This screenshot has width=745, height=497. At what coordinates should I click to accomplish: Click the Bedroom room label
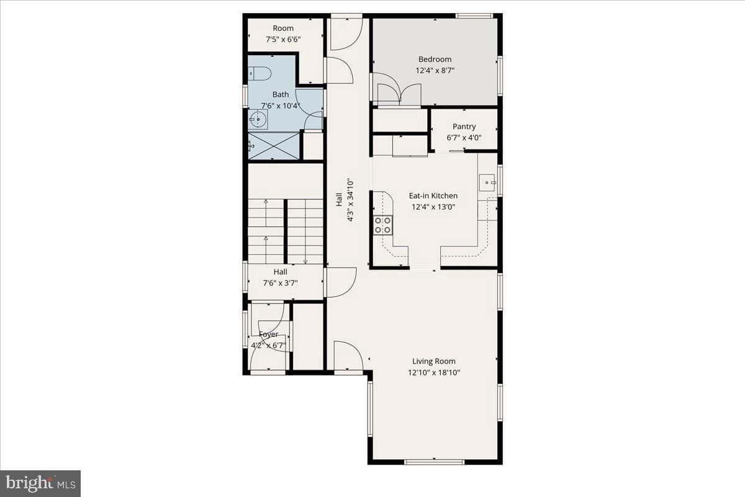pyautogui.click(x=435, y=59)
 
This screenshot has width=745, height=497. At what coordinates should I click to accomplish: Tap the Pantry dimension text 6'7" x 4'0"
pyautogui.click(x=464, y=138)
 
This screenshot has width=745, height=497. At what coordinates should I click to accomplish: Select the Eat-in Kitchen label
pyautogui.click(x=433, y=195)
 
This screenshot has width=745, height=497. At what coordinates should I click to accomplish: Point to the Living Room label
pyautogui.click(x=434, y=361)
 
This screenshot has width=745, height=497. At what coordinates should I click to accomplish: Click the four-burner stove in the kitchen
pyautogui.click(x=382, y=225)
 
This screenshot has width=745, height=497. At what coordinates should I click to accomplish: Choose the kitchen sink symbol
pyautogui.click(x=487, y=182)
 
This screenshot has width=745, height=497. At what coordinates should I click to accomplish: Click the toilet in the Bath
pyautogui.click(x=260, y=73)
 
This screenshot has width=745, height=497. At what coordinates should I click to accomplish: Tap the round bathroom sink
pyautogui.click(x=258, y=119)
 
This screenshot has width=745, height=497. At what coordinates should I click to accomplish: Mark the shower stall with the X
pyautogui.click(x=274, y=146)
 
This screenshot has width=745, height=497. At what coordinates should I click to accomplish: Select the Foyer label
pyautogui.click(x=268, y=334)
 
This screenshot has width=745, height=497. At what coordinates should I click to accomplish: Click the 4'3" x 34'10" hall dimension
pyautogui.click(x=350, y=200)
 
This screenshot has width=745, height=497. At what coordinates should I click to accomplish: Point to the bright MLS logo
pyautogui.click(x=40, y=483)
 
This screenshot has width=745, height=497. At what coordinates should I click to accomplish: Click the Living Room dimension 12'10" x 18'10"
pyautogui.click(x=434, y=372)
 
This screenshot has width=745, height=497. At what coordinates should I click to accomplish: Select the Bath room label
pyautogui.click(x=281, y=94)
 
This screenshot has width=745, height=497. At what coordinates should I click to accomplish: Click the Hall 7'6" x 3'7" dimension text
pyautogui.click(x=281, y=283)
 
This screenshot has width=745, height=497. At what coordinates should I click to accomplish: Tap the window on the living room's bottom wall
pyautogui.click(x=435, y=462)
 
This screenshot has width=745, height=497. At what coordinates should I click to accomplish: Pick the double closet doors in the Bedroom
pyautogui.click(x=399, y=90)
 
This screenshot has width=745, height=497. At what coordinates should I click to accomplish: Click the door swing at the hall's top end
pyautogui.click(x=346, y=34)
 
